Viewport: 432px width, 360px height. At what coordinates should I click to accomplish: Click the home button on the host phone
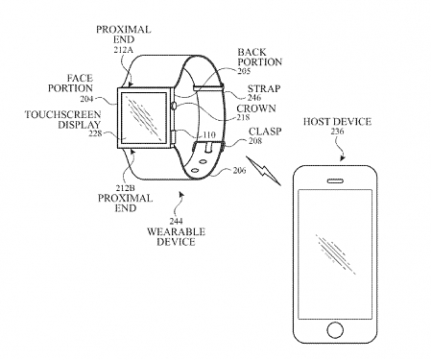pos(334,330)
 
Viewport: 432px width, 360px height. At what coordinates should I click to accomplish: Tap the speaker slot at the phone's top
pos(334,178)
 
